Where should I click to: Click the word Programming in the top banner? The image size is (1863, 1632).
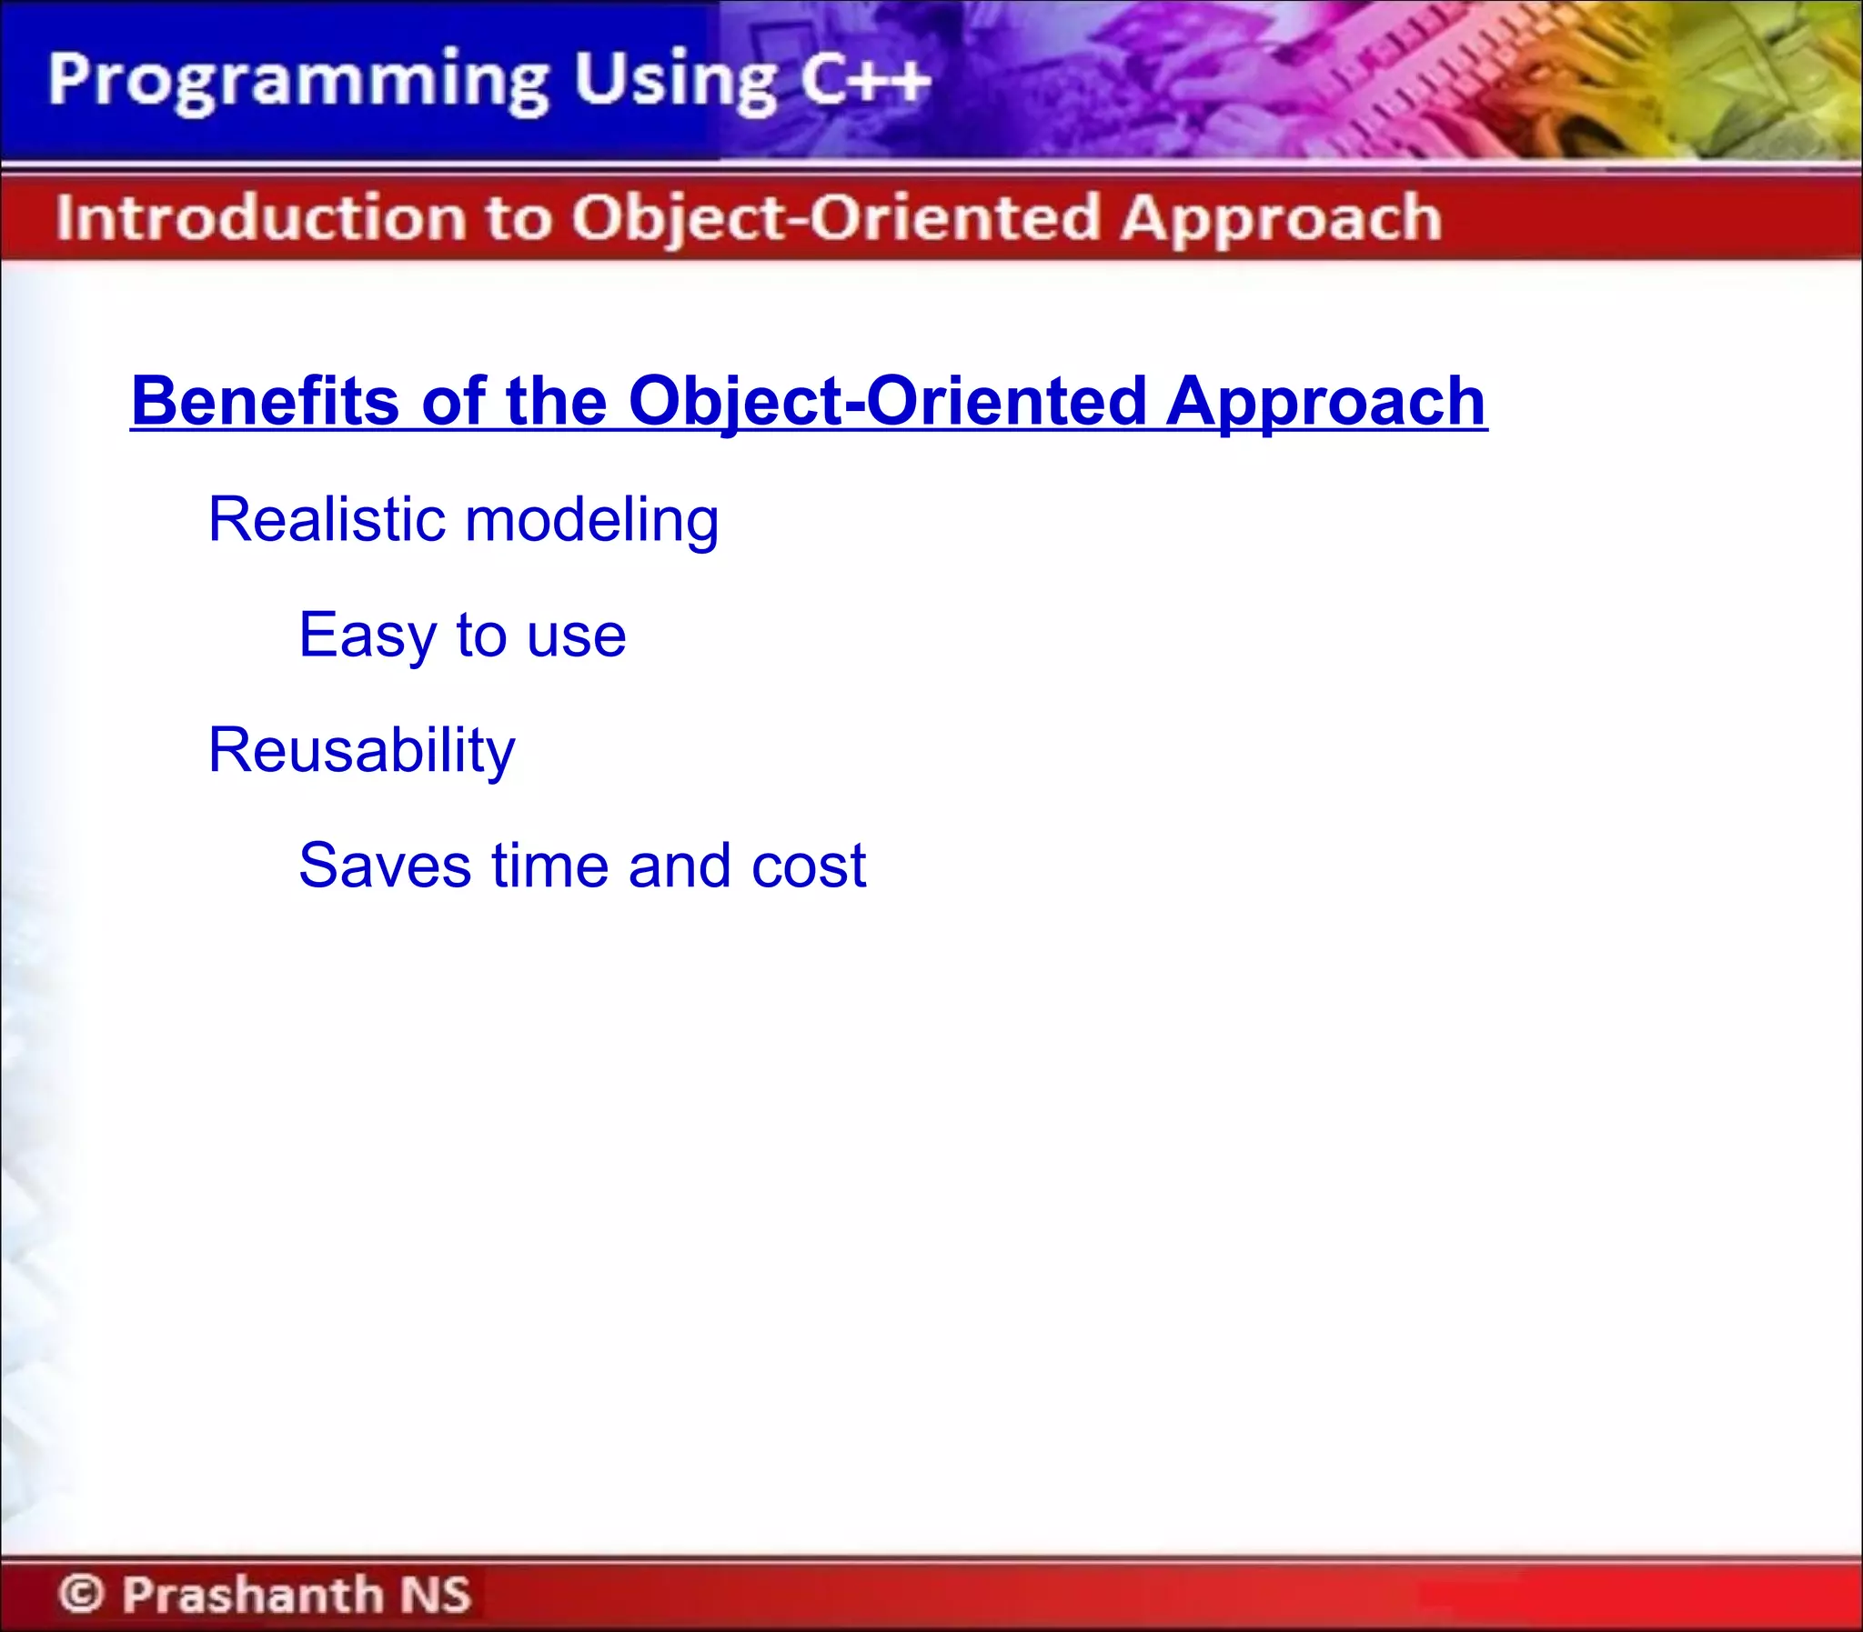(296, 82)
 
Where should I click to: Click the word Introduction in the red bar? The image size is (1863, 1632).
(260, 218)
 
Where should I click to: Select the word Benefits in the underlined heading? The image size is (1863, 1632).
(264, 401)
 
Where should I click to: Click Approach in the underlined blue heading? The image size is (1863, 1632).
(1325, 403)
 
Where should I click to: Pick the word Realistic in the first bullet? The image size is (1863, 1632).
(327, 519)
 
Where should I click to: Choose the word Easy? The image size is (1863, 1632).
(368, 636)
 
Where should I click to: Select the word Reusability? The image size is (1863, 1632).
(361, 750)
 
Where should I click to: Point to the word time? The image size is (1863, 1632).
(549, 866)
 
